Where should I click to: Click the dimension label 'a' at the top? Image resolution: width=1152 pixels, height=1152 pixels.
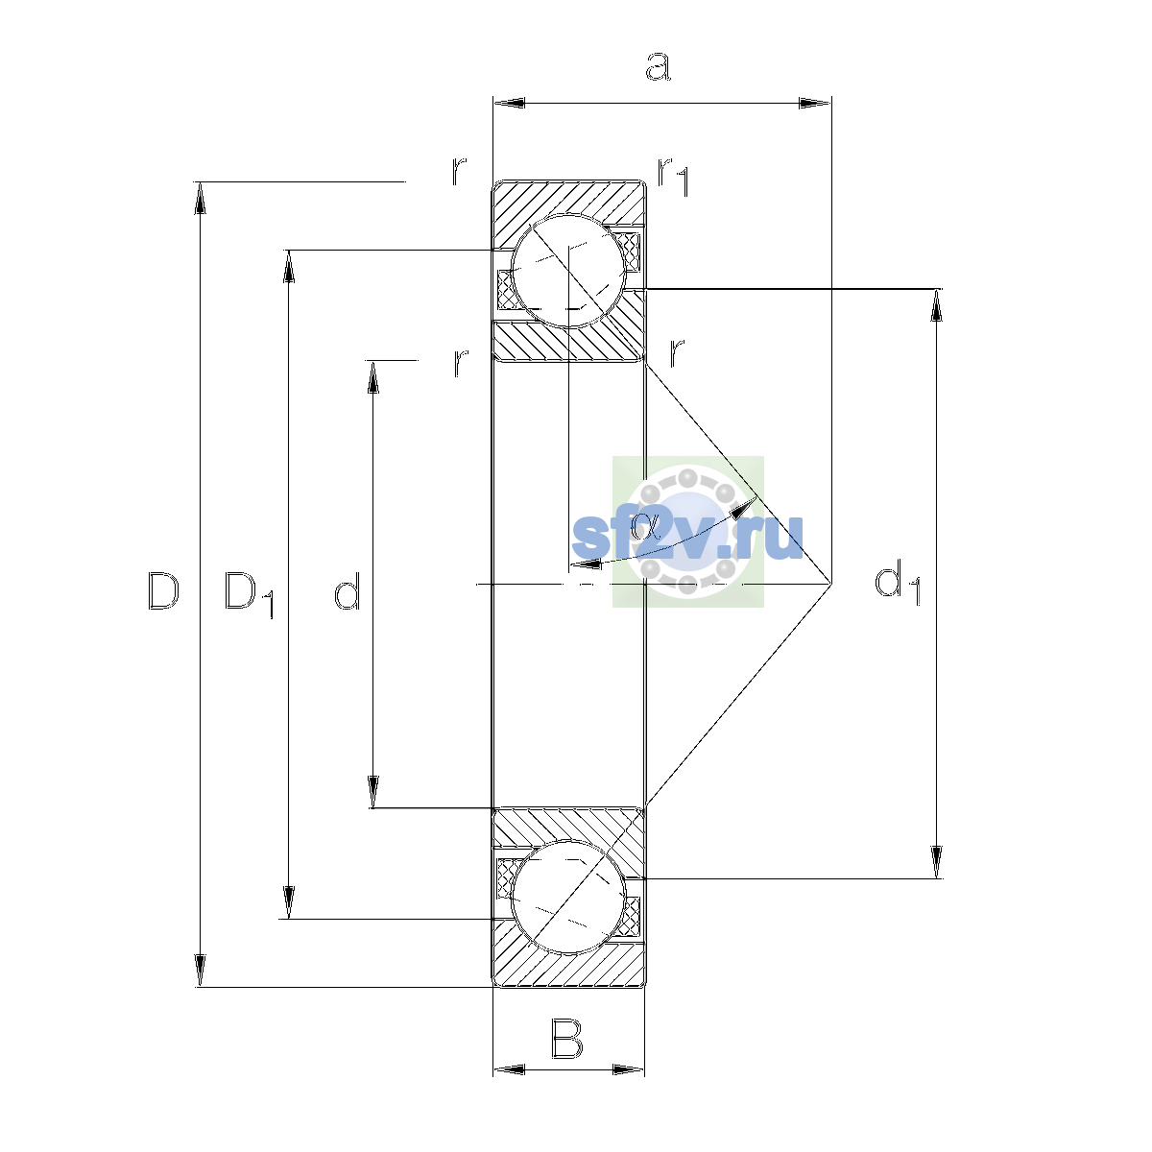tap(658, 66)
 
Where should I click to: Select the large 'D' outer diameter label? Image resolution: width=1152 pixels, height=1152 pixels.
tap(163, 591)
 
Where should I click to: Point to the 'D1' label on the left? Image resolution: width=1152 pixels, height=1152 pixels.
tap(249, 594)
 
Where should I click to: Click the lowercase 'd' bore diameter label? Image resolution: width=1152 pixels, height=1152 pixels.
tap(347, 590)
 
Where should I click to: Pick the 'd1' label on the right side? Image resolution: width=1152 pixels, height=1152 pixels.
tap(897, 583)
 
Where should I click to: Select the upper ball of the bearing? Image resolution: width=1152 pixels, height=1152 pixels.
tap(568, 271)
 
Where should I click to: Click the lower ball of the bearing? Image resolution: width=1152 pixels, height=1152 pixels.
tap(568, 897)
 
